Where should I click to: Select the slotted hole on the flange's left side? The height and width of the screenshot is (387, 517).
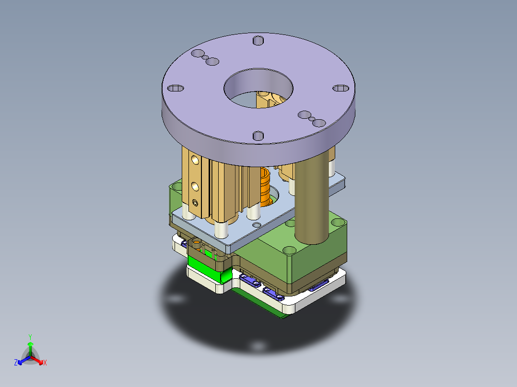tap(175, 88)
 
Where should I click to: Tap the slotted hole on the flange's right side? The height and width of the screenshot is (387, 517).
tap(341, 88)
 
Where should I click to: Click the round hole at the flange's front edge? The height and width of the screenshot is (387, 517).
tap(258, 136)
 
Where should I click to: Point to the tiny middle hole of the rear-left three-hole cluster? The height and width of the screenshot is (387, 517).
tap(205, 58)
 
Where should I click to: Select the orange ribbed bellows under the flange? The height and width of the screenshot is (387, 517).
tap(265, 187)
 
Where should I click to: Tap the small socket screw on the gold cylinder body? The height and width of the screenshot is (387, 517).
tap(195, 203)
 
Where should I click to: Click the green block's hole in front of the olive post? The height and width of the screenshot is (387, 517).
tap(290, 250)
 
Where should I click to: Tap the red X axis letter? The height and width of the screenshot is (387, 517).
tap(45, 363)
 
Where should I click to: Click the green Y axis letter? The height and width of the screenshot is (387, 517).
tap(30, 336)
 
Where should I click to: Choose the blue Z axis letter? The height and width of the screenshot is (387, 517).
tap(16, 363)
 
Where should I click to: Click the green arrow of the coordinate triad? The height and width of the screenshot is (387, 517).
tap(30, 345)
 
